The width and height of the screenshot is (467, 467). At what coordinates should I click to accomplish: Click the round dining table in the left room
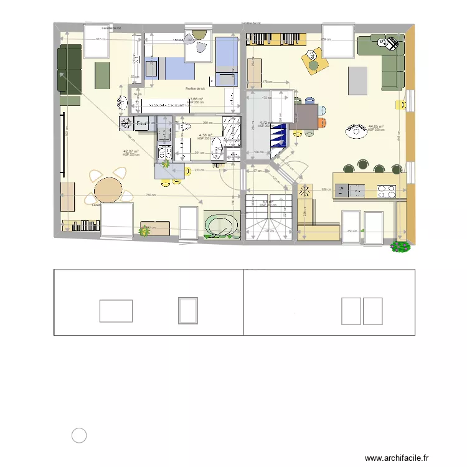109,189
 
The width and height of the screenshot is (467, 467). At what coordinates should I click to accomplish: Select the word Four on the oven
141,124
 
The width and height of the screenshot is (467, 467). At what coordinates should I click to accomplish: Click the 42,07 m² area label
130,151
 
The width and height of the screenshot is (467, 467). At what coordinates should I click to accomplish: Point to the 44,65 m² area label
375,127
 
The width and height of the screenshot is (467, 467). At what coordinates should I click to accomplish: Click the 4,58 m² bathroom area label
205,135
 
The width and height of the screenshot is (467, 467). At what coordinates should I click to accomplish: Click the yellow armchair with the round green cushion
313,60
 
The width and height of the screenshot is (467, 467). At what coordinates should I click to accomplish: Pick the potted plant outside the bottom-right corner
400,247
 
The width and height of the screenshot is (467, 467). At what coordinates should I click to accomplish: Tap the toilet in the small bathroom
217,149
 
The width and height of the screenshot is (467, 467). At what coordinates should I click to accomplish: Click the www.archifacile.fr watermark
397,458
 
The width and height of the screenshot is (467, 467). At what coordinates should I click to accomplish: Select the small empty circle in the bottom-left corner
79,436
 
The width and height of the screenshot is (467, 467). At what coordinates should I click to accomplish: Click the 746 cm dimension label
150,195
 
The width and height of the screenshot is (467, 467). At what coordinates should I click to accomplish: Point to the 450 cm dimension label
351,231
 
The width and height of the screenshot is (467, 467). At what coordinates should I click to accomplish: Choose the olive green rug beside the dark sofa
103,75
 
